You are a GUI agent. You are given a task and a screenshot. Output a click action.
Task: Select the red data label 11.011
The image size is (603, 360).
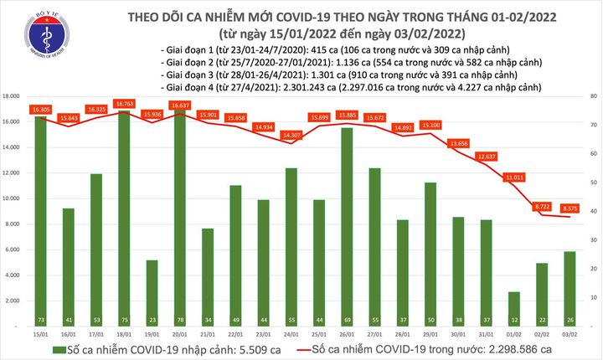[x=513, y=177]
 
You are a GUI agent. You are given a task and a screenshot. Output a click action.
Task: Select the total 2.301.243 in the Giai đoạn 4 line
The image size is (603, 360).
[x=319, y=85]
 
